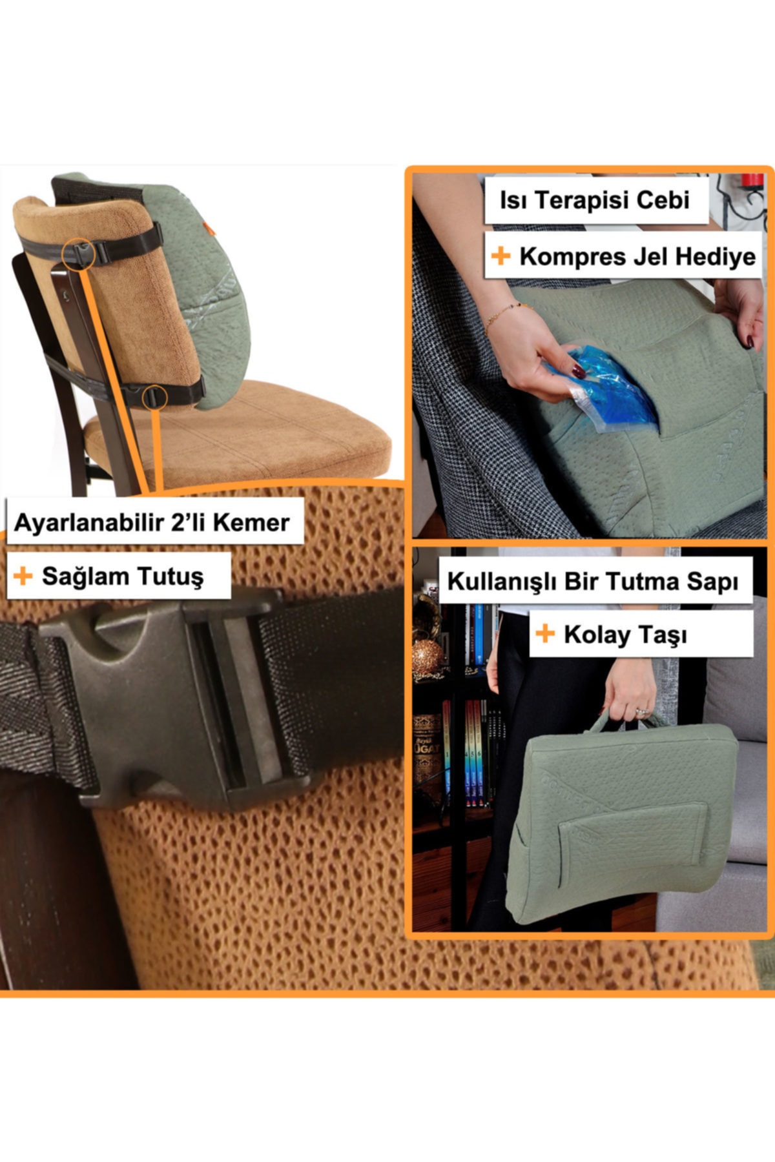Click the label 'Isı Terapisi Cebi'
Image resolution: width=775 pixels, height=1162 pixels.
point(594,200)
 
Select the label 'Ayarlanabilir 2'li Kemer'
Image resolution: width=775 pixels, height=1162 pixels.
point(152,522)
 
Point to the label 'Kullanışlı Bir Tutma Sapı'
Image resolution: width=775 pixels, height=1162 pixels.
point(593,582)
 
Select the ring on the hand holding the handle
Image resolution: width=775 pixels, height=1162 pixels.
point(641,711)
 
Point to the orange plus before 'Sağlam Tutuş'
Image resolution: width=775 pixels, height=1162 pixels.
point(23,576)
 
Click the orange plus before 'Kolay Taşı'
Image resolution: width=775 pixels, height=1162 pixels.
point(545,634)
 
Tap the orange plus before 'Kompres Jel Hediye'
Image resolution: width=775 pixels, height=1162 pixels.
point(501,256)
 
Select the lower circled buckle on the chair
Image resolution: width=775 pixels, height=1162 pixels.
point(154,396)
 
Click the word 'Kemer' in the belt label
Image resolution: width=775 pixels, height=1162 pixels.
point(251,522)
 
